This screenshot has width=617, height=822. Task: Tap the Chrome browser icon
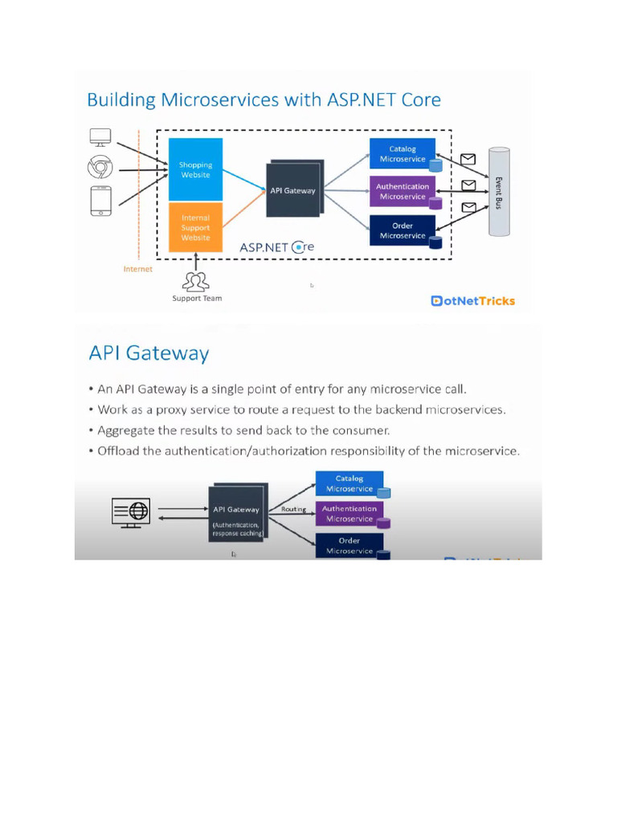(x=99, y=169)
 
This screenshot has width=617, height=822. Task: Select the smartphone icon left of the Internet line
(x=99, y=201)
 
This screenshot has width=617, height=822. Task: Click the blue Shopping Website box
(x=195, y=169)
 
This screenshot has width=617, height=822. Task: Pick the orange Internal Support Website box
(x=195, y=227)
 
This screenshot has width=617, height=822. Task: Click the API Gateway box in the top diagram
(x=292, y=190)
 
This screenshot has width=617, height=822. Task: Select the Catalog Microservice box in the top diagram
(x=402, y=154)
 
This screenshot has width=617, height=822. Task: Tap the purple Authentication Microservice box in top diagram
(x=402, y=191)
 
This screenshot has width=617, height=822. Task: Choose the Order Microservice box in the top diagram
(x=402, y=230)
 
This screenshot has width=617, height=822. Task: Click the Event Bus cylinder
(x=499, y=192)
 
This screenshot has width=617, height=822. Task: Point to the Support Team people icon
(x=196, y=282)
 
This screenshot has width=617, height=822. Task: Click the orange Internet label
(x=137, y=270)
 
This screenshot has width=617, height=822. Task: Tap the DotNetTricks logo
(x=473, y=301)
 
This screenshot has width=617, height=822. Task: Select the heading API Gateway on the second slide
(x=149, y=353)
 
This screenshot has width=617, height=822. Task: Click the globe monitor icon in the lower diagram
(x=130, y=511)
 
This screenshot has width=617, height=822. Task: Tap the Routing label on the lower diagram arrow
(x=293, y=509)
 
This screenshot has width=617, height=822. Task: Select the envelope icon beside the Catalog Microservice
(x=468, y=159)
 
